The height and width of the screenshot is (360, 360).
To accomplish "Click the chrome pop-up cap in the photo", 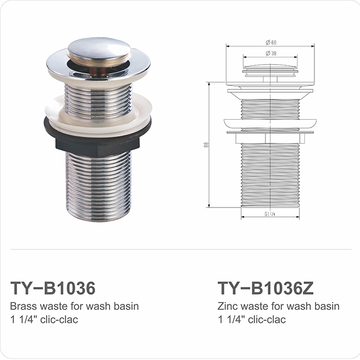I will [x=98, y=49].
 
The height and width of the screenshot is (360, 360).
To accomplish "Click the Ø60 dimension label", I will [x=271, y=43].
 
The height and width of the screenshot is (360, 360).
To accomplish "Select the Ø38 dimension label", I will [x=271, y=54].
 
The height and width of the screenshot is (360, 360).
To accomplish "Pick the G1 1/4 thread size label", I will [x=271, y=214].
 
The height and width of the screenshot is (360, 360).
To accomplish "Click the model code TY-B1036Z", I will [x=265, y=288].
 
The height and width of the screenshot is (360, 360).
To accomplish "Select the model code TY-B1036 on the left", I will [x=53, y=288].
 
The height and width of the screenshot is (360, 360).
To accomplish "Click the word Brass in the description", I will [x=22, y=307].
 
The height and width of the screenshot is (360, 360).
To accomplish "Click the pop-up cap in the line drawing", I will [x=271, y=70].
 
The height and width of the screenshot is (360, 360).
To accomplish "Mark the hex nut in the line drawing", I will [x=271, y=137].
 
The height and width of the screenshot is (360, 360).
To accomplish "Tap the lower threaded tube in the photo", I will [x=98, y=186].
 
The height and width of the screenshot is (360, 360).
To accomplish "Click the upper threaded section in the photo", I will [x=98, y=98].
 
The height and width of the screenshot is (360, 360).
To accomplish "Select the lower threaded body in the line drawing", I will [x=271, y=174].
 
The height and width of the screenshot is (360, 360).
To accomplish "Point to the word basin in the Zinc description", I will [x=327, y=307].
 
